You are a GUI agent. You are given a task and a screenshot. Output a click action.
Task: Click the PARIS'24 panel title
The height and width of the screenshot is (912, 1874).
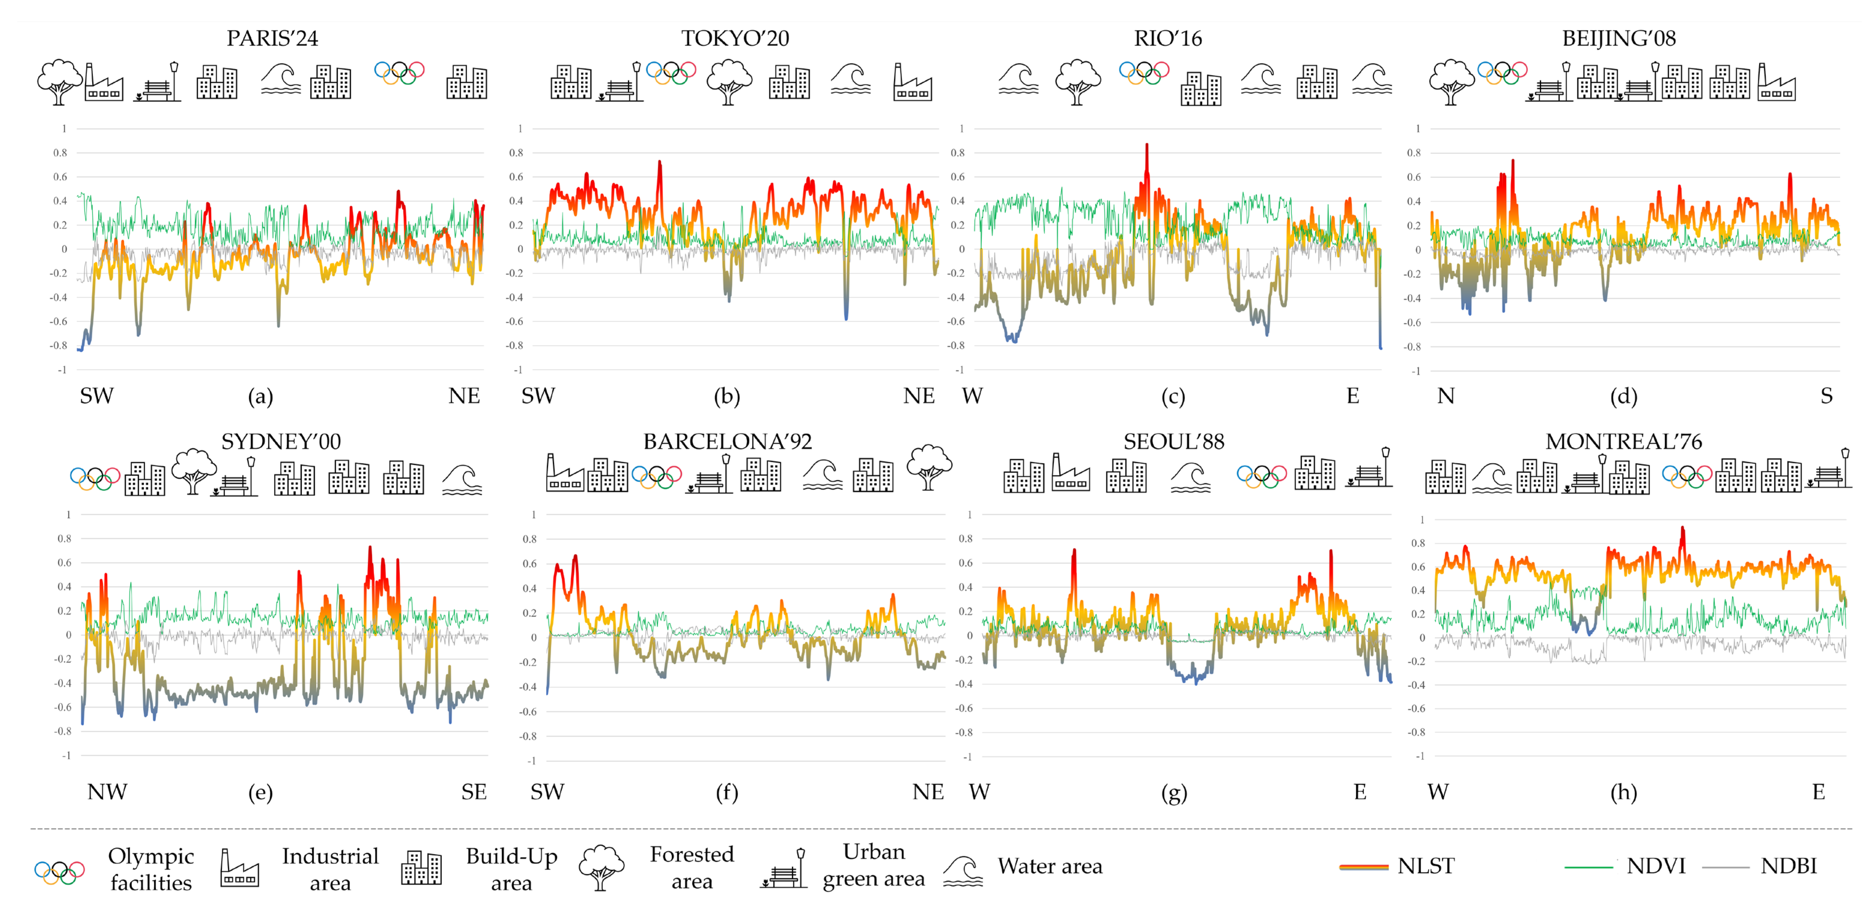coord(272,38)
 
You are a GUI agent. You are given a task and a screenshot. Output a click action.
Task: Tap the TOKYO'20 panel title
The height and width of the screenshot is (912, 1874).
coord(735,38)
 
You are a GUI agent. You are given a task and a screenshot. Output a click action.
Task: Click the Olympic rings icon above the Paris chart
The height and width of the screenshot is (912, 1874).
coord(399,73)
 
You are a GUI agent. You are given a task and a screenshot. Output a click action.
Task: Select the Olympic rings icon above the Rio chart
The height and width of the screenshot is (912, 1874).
coord(1144,73)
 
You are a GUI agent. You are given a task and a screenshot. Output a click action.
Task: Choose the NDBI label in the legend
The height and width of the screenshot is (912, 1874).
coord(1788,866)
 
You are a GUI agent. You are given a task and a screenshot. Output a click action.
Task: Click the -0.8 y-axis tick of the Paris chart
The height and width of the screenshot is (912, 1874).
coord(59,345)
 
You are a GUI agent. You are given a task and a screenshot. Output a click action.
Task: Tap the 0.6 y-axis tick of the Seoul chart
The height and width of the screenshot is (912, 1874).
coord(965,563)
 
